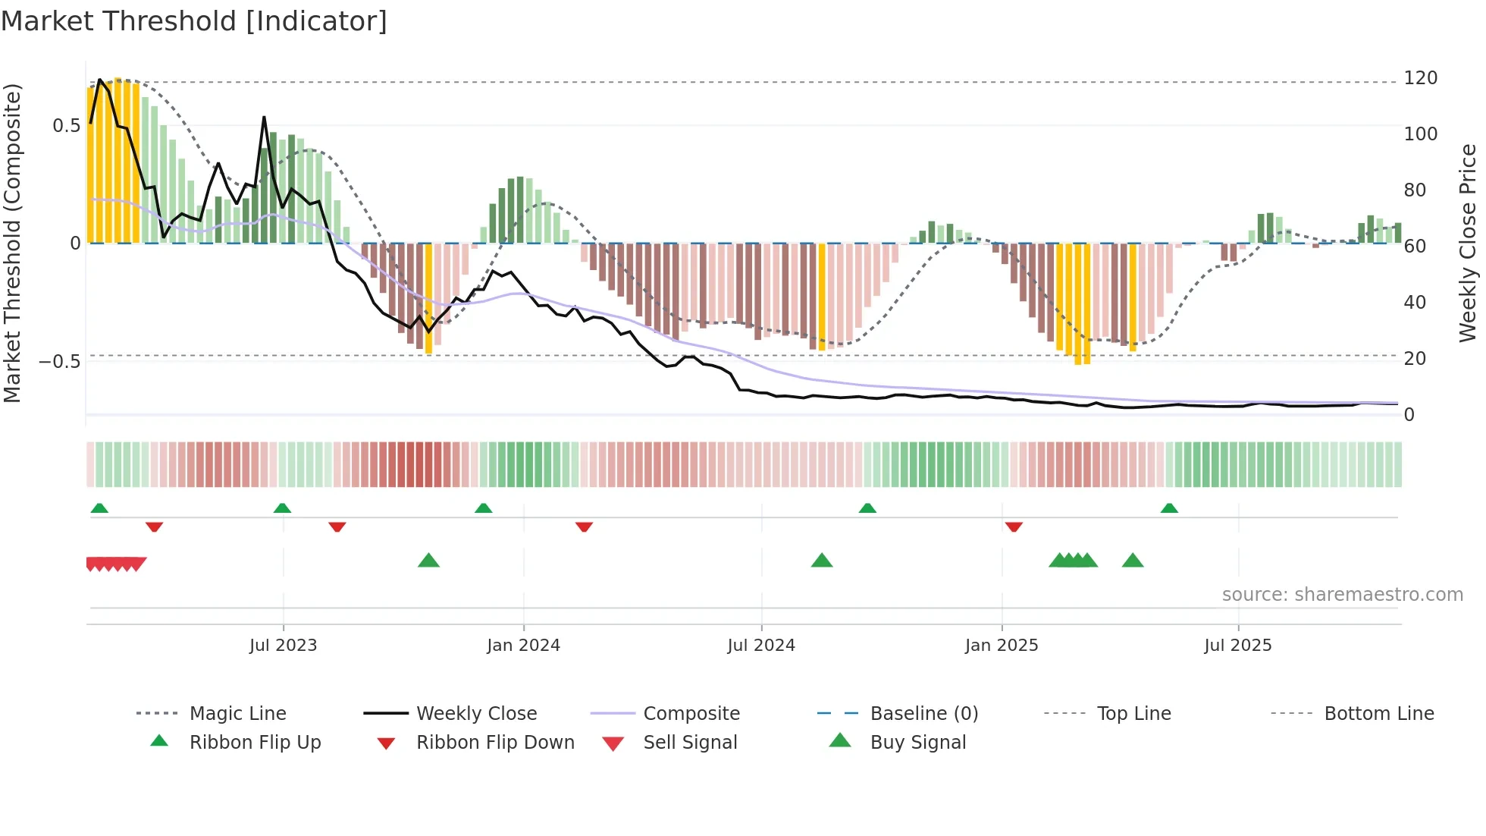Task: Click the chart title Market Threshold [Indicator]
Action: [x=194, y=21]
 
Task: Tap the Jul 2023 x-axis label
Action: [x=283, y=646]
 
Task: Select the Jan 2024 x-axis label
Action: [x=523, y=646]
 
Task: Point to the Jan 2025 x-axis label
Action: [x=1002, y=646]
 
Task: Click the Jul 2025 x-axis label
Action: [x=1238, y=646]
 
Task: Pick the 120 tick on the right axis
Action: [x=1420, y=78]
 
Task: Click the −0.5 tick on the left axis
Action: [x=60, y=361]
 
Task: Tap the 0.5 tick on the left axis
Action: [x=67, y=126]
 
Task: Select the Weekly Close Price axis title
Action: [x=1468, y=243]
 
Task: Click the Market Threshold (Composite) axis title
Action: [x=12, y=243]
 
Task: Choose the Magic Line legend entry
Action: [x=237, y=714]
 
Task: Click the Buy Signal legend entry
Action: [x=917, y=743]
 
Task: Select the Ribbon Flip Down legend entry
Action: [x=494, y=743]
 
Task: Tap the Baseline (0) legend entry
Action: [x=923, y=714]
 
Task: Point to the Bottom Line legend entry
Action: [x=1378, y=714]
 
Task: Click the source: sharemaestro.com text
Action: [x=1342, y=595]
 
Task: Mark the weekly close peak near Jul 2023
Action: [x=264, y=118]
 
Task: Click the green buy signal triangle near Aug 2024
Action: [x=822, y=561]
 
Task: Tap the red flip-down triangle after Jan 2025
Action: [x=1014, y=526]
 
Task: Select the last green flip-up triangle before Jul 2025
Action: [x=1169, y=508]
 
